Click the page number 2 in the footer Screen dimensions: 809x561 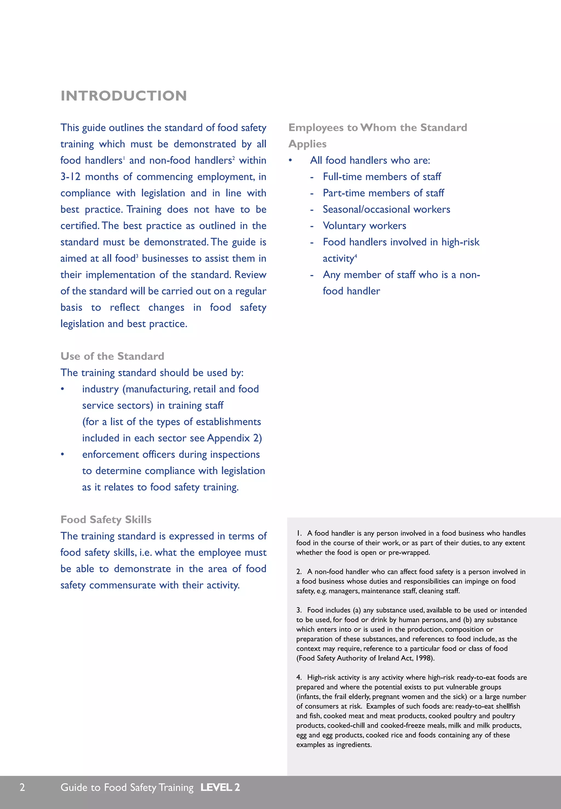coord(22,787)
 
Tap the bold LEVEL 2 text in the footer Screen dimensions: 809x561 coord(220,787)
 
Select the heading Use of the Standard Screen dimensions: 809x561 coord(112,356)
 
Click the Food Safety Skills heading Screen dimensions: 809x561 coord(106,520)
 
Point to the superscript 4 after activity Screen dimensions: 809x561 coord(356,256)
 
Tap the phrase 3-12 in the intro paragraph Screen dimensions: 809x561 coord(70,176)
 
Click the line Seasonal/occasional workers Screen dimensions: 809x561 coord(386,210)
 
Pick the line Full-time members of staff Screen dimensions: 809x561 coord(382,177)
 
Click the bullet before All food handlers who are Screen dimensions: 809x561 coord(290,160)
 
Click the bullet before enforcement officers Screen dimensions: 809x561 coord(62,454)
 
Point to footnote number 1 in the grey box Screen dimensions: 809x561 coord(299,533)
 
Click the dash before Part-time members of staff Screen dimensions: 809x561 coord(312,193)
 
